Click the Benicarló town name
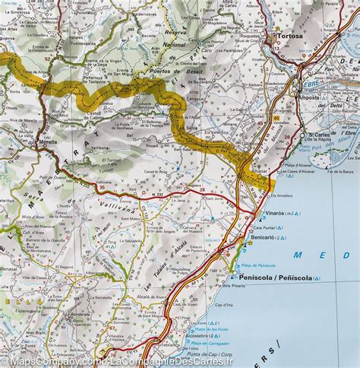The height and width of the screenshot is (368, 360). (x=263, y=237)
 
